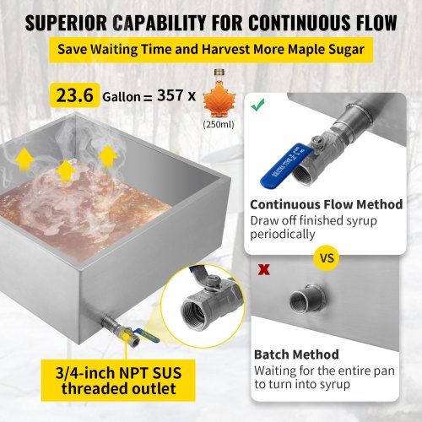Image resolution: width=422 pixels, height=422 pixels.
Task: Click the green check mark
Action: pos(257,105)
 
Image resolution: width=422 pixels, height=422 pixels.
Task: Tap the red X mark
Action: pos(264,269)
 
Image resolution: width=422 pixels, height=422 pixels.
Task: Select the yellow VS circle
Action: pos(327,258)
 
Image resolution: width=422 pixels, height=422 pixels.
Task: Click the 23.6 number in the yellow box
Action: pos(75,95)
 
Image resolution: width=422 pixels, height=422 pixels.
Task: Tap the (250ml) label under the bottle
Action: pos(219,124)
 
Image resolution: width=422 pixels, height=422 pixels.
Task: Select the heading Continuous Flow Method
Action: pos(327,204)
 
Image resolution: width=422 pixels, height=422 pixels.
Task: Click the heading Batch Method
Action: pos(296,354)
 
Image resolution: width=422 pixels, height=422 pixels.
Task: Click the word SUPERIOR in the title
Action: pos(67,23)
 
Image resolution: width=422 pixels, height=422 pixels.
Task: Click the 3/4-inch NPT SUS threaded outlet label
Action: pos(118,381)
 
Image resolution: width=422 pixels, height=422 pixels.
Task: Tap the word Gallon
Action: pos(122,97)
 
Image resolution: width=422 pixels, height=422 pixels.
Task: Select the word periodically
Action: pos(283,235)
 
